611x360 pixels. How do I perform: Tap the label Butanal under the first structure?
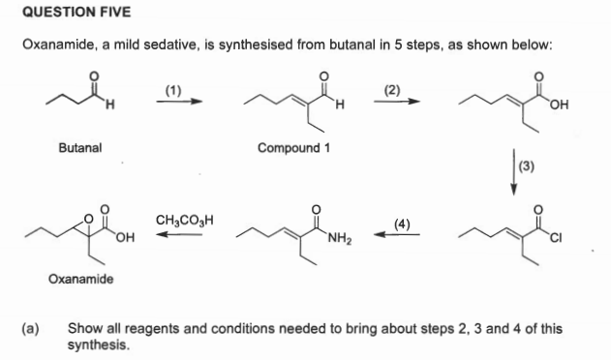[x=82, y=148]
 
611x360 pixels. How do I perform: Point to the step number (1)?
[x=173, y=90]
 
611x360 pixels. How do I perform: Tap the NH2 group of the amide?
[x=340, y=240]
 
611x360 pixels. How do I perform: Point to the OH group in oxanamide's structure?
[x=126, y=241]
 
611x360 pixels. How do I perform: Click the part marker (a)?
[x=31, y=328]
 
